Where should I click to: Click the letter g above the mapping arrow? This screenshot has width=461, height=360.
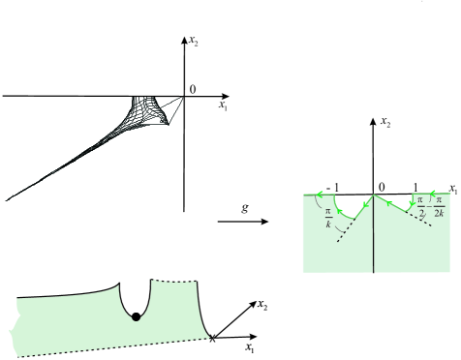pos(248,205)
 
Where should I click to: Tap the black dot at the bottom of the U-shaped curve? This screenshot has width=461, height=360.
pos(137,316)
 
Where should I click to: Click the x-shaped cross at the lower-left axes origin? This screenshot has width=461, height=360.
pos(213,338)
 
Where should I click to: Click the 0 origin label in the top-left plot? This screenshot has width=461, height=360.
pos(192,90)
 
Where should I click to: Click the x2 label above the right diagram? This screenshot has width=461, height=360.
pos(385,124)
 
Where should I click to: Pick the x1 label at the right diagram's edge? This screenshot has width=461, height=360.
pos(451,189)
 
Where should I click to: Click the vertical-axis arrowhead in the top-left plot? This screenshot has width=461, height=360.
pos(184,39)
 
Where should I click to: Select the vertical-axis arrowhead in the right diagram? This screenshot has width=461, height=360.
pos(373,121)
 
